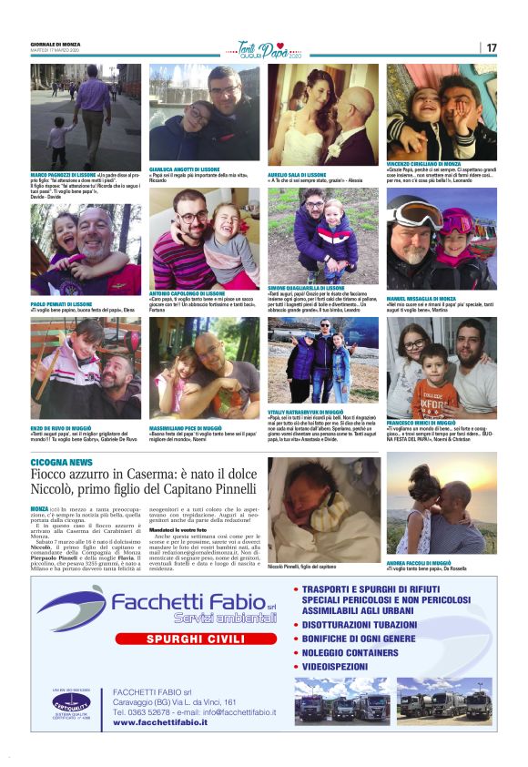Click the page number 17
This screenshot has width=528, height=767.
pyautogui.click(x=492, y=47)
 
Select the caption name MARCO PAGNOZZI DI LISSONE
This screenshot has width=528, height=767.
pyautogui.click(x=64, y=174)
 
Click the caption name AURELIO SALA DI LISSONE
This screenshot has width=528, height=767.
pyautogui.click(x=297, y=174)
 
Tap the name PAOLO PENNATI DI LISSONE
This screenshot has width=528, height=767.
pyautogui.click(x=61, y=303)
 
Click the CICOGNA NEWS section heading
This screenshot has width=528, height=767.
pyautogui.click(x=61, y=463)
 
